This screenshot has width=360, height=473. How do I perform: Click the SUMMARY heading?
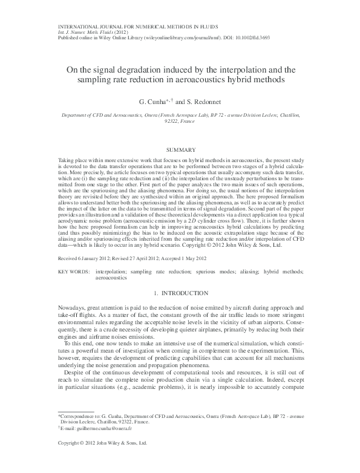click(x=180, y=149)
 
